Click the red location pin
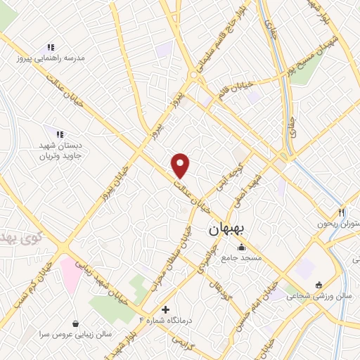[x=181, y=165]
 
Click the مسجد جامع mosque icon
[x=242, y=247]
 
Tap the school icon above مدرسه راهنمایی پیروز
[x=51, y=47]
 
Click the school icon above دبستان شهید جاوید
[x=60, y=134]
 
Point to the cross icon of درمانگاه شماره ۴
[x=165, y=309]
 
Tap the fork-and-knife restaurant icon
[x=342, y=212]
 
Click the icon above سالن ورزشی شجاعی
[x=319, y=285]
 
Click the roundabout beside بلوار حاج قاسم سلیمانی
[x=193, y=75]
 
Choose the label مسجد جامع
[x=242, y=258]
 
